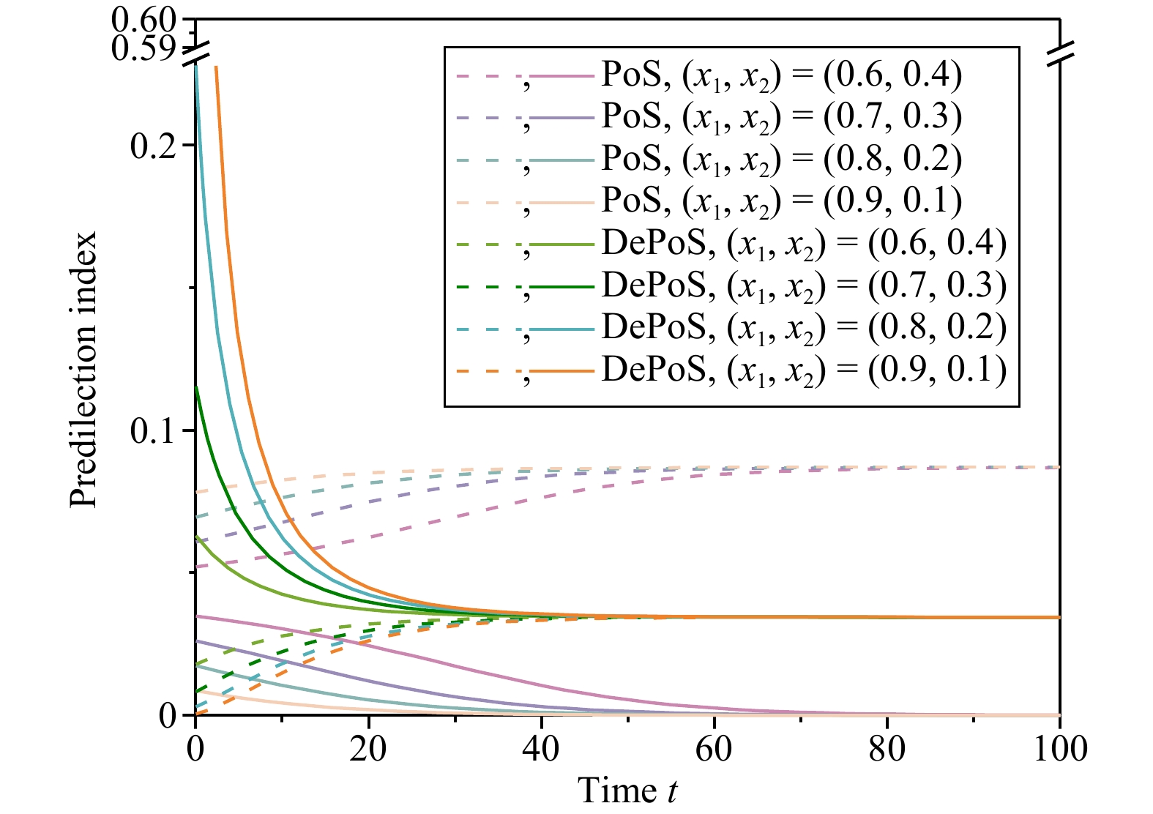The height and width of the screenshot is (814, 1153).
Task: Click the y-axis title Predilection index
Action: (83, 370)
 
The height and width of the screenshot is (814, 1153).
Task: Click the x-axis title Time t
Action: (627, 791)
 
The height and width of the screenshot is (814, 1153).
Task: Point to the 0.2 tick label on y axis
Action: (153, 146)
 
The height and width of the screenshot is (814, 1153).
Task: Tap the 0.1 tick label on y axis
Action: (153, 431)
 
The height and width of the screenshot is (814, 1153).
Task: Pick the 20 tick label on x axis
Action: (368, 750)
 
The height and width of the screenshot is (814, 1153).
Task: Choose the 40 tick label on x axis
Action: (541, 750)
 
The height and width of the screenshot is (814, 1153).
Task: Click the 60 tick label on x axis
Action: (714, 750)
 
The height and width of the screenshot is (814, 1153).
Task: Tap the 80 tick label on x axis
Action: (887, 750)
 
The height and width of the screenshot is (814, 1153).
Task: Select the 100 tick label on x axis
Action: (1059, 750)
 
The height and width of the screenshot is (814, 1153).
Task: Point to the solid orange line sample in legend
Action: (563, 371)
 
